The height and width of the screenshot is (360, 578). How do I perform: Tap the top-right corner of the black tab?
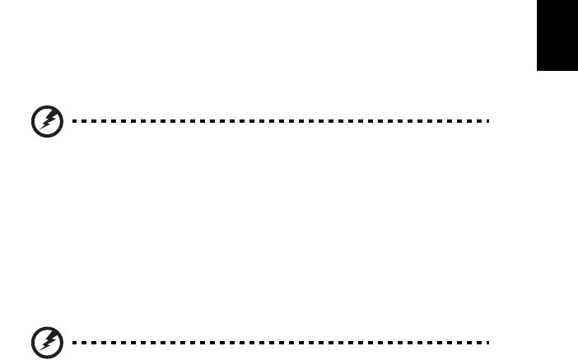577,1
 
